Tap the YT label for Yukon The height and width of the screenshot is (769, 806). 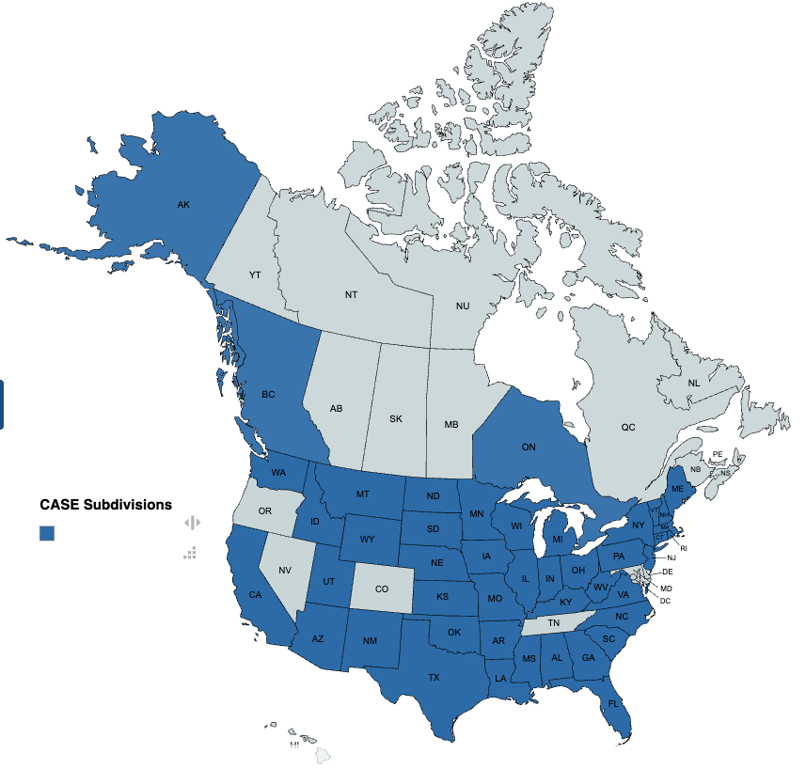[254, 275]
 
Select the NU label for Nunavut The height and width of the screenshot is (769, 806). [463, 306]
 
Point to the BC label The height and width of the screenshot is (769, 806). [268, 394]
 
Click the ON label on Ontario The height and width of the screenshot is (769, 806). [529, 447]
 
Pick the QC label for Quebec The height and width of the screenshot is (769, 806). [627, 427]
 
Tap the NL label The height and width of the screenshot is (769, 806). [694, 383]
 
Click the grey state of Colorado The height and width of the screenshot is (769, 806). [381, 589]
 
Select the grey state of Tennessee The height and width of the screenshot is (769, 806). [554, 623]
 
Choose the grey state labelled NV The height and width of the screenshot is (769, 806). [285, 571]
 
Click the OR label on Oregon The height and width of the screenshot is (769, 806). [265, 511]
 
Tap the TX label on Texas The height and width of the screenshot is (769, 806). [434, 677]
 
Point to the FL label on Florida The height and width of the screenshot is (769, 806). [613, 703]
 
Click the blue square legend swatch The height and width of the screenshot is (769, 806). [47, 533]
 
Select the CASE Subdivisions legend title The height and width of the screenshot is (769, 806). [105, 505]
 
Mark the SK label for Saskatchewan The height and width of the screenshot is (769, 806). [396, 418]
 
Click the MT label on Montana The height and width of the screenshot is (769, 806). [362, 494]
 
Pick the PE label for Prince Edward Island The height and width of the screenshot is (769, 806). [717, 454]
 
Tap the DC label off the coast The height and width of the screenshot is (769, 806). [665, 601]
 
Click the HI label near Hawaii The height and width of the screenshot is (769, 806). [294, 744]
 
